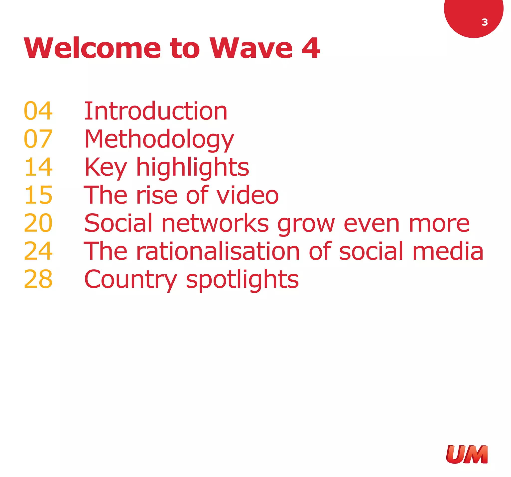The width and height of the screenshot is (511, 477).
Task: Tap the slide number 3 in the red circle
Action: (x=485, y=22)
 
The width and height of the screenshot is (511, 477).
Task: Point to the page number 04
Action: (x=38, y=111)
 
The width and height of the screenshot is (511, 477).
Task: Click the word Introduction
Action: (x=156, y=111)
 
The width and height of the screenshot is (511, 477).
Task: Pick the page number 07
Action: (x=38, y=139)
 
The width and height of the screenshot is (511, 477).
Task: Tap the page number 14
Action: (x=38, y=167)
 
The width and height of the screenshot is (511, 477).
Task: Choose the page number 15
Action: (x=38, y=195)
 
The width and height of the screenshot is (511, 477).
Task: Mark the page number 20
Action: (x=38, y=223)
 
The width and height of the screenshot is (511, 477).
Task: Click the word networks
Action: (x=215, y=223)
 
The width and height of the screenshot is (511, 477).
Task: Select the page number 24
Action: (x=38, y=251)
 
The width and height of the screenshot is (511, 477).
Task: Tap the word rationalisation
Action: (x=218, y=251)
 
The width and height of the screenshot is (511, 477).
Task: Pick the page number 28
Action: (x=38, y=279)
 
